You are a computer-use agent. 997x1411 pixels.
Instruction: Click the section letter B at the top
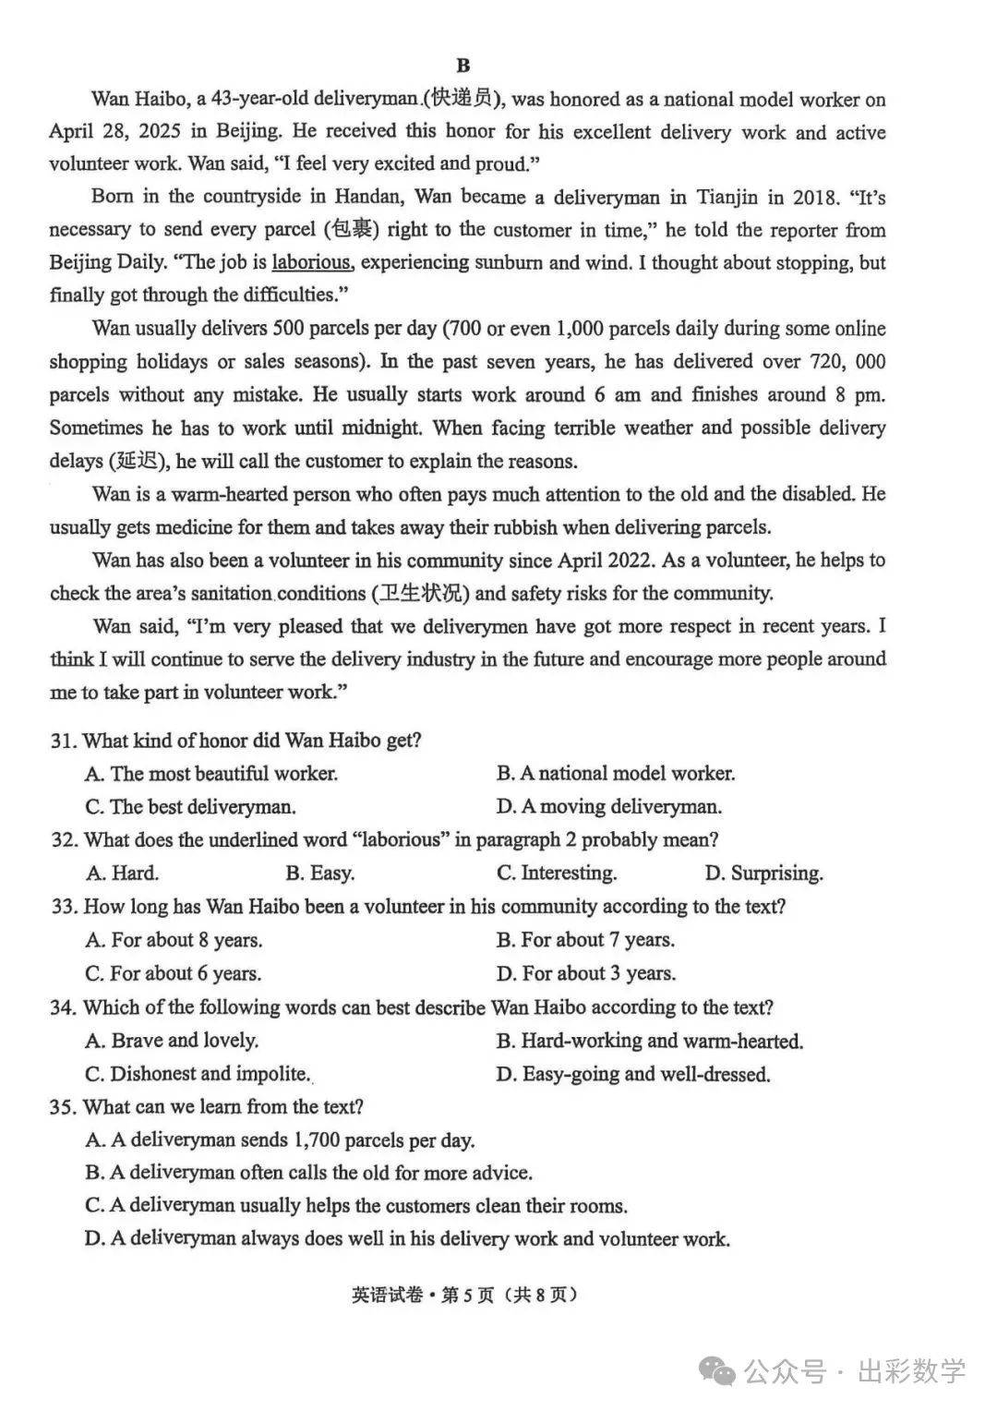[x=463, y=65]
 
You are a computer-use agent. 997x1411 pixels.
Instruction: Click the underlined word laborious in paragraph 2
[x=311, y=262]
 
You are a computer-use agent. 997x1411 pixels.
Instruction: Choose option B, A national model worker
[x=615, y=774]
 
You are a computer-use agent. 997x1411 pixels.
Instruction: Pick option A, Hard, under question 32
[x=122, y=874]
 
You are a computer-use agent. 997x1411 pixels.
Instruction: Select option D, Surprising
[x=763, y=874]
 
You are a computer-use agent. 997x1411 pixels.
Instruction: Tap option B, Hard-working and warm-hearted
[x=649, y=1042]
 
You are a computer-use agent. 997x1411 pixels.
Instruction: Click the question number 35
[x=63, y=1107]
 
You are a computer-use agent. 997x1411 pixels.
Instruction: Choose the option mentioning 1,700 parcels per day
[x=280, y=1140]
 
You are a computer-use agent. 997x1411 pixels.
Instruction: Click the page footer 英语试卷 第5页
[x=464, y=1295]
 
